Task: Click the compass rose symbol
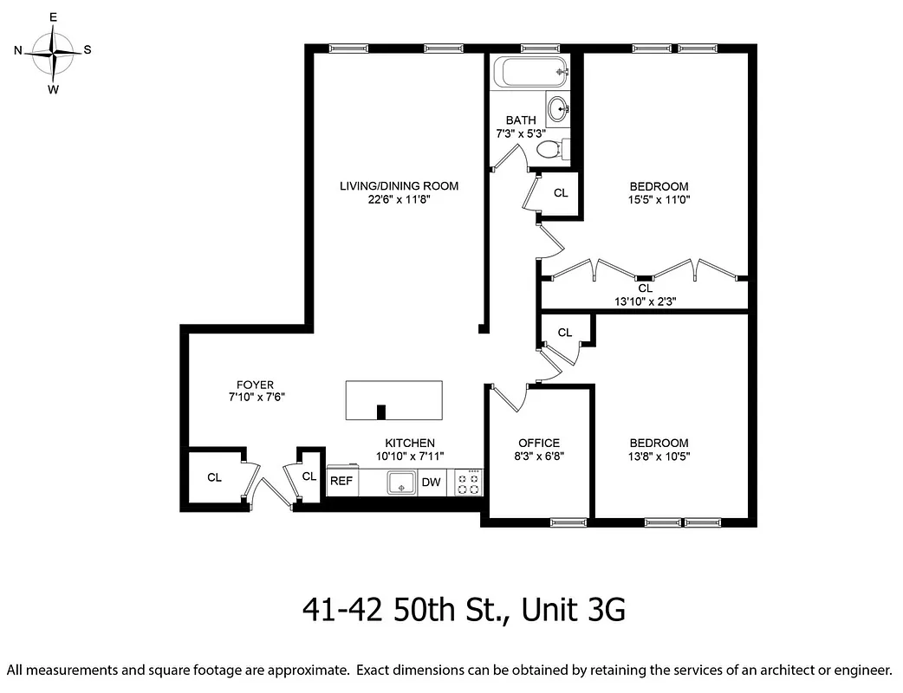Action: coord(54,52)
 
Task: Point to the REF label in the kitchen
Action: coord(341,483)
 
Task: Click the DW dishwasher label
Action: coord(431,483)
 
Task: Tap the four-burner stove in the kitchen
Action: coord(468,483)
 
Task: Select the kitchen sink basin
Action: coord(400,483)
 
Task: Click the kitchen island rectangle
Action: coord(394,399)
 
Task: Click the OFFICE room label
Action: coord(538,443)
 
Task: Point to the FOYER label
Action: coord(255,385)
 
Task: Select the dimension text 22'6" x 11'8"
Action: coord(399,199)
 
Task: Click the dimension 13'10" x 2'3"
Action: coord(645,302)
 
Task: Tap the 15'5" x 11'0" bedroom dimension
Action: coord(659,199)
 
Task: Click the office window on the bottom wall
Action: coord(568,521)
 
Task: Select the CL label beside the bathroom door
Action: coord(561,192)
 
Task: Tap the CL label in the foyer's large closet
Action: coord(214,477)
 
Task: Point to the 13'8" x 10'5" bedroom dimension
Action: coord(659,457)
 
